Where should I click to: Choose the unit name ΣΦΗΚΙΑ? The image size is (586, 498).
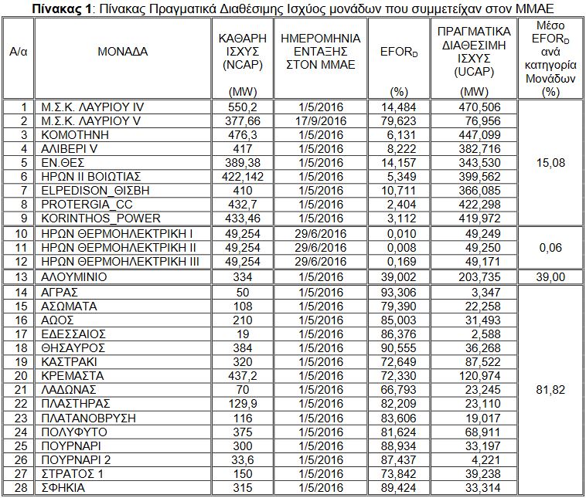coord(63,488)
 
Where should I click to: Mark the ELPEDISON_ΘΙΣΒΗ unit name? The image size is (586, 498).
coord(86,191)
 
